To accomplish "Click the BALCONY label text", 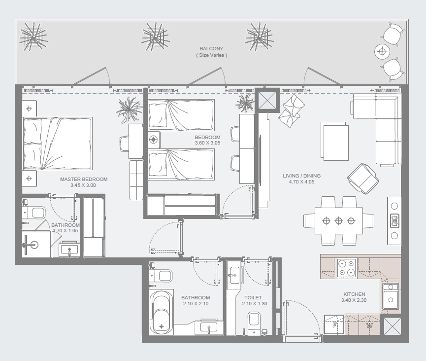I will point(211,49).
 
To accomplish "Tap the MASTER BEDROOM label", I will point(84,180).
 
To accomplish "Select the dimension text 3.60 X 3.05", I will point(207,143).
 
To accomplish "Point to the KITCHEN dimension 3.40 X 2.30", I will point(354,300).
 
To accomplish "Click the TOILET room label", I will point(252,298).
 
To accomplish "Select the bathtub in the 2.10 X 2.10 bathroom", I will point(162,311).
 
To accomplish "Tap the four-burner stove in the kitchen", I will point(347,268).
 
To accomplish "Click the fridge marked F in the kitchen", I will point(334,325).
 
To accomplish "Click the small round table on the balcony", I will point(382,51).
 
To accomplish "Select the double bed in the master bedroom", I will point(57,144).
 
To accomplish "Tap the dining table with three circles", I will point(339,221).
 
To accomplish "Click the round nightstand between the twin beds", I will point(154,140).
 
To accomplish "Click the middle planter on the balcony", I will point(155,36).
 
